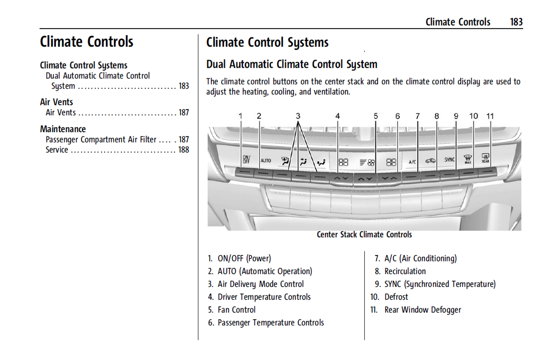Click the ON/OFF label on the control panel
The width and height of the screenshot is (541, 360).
(x=246, y=160)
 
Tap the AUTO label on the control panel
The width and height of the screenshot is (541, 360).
(x=265, y=161)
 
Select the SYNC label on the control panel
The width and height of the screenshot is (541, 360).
(x=449, y=160)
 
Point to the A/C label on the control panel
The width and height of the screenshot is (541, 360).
(x=412, y=162)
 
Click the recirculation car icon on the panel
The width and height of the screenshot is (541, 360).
(x=430, y=161)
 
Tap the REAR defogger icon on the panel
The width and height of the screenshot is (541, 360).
(x=485, y=158)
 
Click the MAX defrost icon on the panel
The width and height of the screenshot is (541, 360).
(x=468, y=159)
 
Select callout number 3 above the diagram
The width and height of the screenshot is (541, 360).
(x=298, y=116)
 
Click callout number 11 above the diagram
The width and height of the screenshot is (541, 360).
(x=490, y=116)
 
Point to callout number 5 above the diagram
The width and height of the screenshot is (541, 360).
(x=376, y=116)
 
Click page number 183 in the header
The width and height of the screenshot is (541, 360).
(x=516, y=22)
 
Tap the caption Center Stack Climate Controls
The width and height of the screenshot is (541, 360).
(x=364, y=235)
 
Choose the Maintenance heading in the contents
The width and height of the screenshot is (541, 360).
(x=63, y=129)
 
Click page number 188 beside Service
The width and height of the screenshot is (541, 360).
(x=183, y=150)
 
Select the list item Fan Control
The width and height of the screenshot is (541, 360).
(x=236, y=310)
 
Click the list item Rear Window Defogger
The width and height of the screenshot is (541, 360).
(x=422, y=310)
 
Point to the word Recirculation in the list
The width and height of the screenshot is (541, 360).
(x=405, y=271)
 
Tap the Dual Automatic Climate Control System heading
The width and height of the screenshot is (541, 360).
(x=292, y=64)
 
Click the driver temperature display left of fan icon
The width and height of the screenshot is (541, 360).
(x=343, y=162)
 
